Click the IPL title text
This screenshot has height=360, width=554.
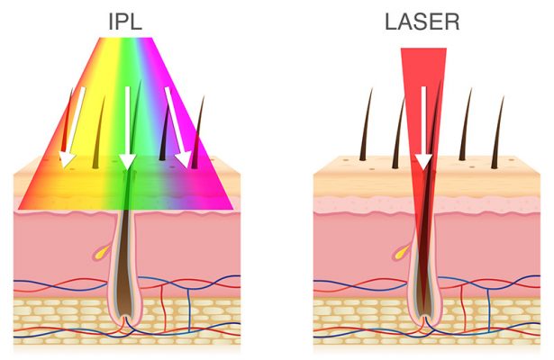[126, 20]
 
